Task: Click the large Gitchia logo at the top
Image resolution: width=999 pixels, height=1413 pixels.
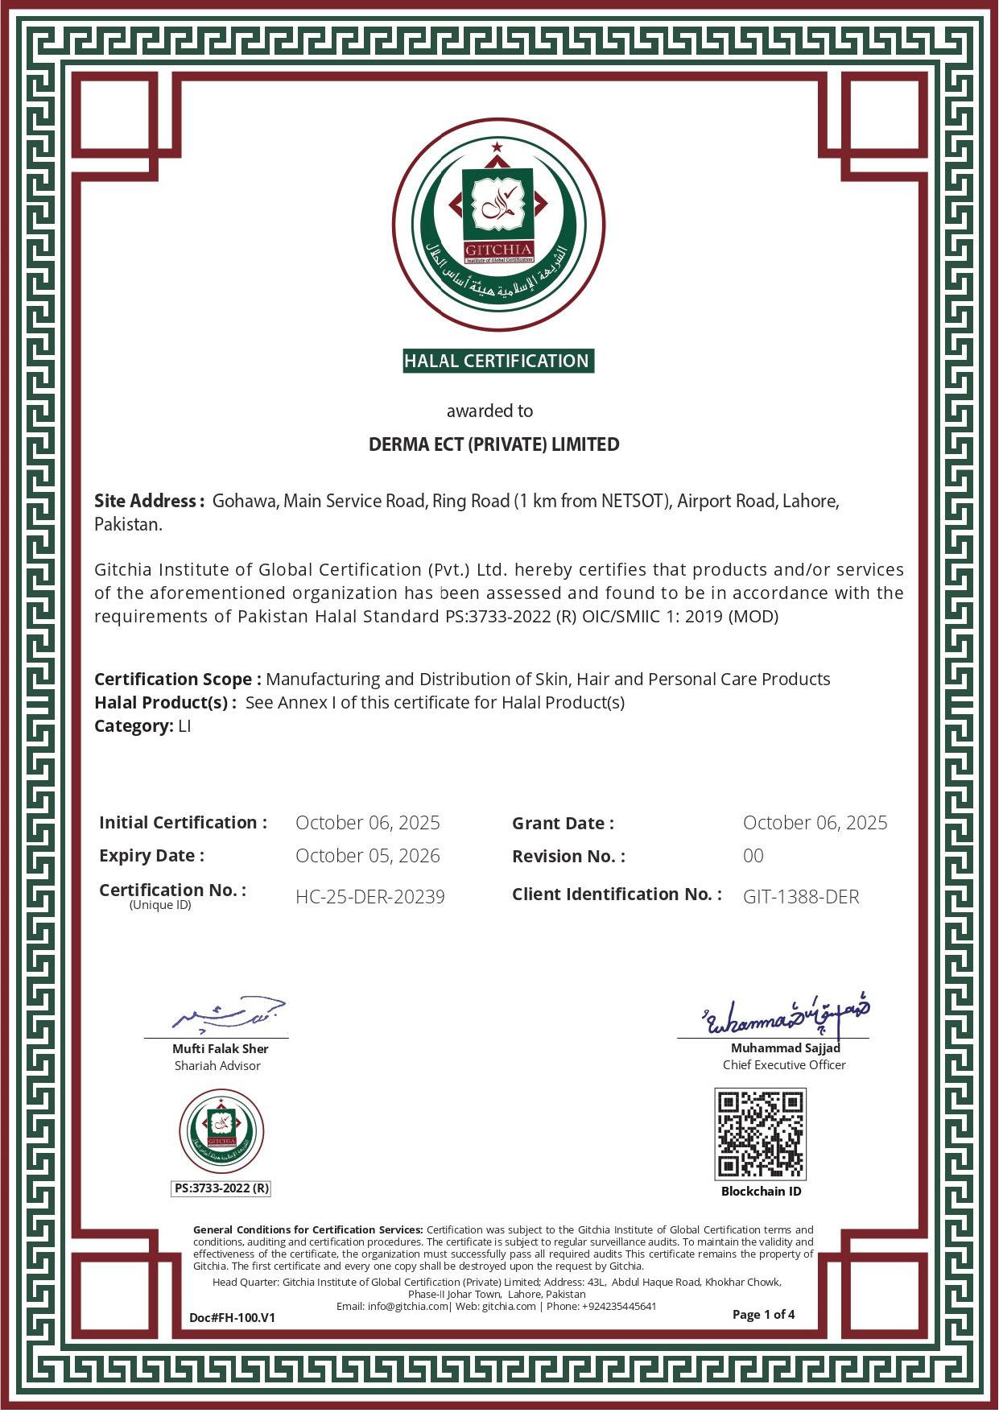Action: point(498,225)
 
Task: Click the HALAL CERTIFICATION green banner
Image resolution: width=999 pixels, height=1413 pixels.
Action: point(497,361)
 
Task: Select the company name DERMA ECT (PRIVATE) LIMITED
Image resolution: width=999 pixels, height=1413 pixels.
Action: point(493,444)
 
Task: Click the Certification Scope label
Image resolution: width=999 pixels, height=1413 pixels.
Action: point(177,680)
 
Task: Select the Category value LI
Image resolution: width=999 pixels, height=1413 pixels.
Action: point(184,726)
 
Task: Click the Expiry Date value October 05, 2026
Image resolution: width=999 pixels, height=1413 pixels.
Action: point(367,856)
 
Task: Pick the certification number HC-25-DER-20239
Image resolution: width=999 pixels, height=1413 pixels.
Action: point(369,897)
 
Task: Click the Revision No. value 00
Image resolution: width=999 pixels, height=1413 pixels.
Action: point(753,856)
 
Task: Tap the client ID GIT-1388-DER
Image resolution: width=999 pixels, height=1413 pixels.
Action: point(800,897)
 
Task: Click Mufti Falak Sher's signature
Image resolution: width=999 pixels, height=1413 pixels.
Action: point(229,1014)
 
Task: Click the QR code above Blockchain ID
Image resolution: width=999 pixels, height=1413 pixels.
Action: point(760,1134)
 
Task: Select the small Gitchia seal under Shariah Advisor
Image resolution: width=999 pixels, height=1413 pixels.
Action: point(221,1132)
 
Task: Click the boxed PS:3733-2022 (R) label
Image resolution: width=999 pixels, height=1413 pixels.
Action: point(221,1188)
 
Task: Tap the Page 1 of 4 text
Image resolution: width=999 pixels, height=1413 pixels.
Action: point(763,1315)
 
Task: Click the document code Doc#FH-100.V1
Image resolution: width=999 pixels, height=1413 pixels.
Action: point(232,1318)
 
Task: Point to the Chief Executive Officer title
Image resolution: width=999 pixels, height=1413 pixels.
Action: point(783,1065)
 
